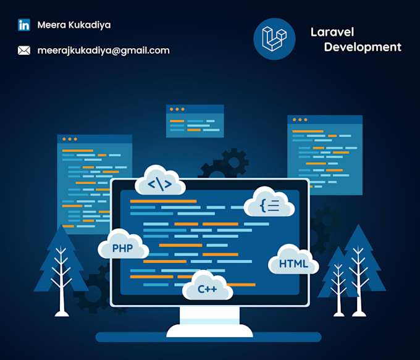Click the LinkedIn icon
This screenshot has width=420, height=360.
click(x=24, y=25)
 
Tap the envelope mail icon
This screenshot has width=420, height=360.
click(x=24, y=51)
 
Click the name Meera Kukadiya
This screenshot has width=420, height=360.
click(x=74, y=25)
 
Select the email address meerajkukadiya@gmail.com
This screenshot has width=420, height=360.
click(x=103, y=51)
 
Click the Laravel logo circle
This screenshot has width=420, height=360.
click(x=274, y=39)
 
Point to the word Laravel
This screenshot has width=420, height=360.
click(x=332, y=32)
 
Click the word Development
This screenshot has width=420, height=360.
click(x=363, y=47)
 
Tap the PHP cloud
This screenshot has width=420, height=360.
click(x=123, y=245)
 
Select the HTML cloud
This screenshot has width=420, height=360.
click(x=293, y=259)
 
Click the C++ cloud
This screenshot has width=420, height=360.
click(x=208, y=285)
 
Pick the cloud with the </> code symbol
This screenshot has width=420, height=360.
click(x=160, y=180)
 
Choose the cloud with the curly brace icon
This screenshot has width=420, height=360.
click(x=269, y=202)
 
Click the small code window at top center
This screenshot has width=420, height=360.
click(x=195, y=121)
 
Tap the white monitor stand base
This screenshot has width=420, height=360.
click(x=209, y=331)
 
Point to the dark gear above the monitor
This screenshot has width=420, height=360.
click(x=225, y=164)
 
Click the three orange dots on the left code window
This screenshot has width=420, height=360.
click(x=70, y=140)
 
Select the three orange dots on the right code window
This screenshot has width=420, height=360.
click(x=300, y=120)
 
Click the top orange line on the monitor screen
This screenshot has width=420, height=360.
click(x=163, y=201)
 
